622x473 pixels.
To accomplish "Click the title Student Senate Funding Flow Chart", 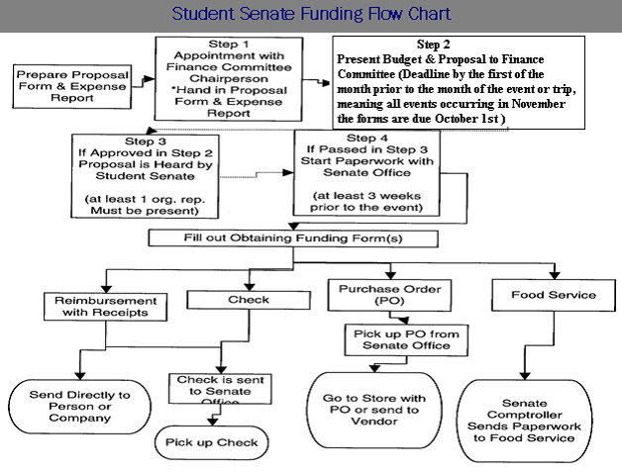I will pyautogui.click(x=311, y=15).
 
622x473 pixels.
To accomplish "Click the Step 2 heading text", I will pyautogui.click(x=433, y=46).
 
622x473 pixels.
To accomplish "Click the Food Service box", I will pyautogui.click(x=554, y=295).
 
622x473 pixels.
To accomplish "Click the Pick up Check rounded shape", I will pyautogui.click(x=212, y=442).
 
